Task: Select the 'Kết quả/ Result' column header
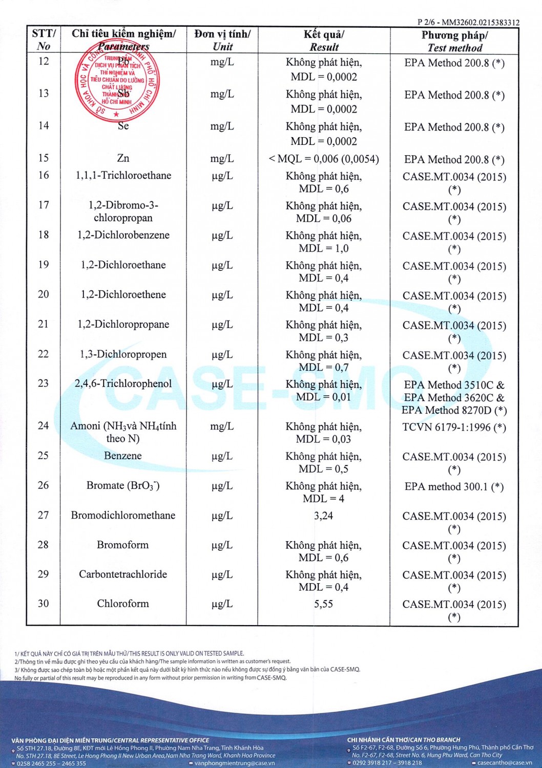click(x=324, y=40)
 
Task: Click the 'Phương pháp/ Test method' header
click(x=454, y=41)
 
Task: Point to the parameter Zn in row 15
click(x=123, y=158)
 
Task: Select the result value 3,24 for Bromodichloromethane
click(x=323, y=516)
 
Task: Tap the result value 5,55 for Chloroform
click(x=323, y=604)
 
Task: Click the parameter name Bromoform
click(x=123, y=545)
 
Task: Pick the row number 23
click(x=44, y=383)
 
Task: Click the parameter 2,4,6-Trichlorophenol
click(x=123, y=383)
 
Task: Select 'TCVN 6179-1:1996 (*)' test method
click(x=454, y=427)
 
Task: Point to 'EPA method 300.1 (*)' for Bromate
click(x=454, y=486)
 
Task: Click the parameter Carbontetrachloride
click(x=123, y=574)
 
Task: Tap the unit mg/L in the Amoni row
click(x=222, y=426)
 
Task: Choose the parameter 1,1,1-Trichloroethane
click(x=123, y=176)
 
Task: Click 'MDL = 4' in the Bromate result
click(x=323, y=499)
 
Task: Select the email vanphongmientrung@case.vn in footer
click(x=234, y=763)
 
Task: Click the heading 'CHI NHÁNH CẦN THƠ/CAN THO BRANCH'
click(x=403, y=740)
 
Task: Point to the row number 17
click(x=44, y=205)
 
